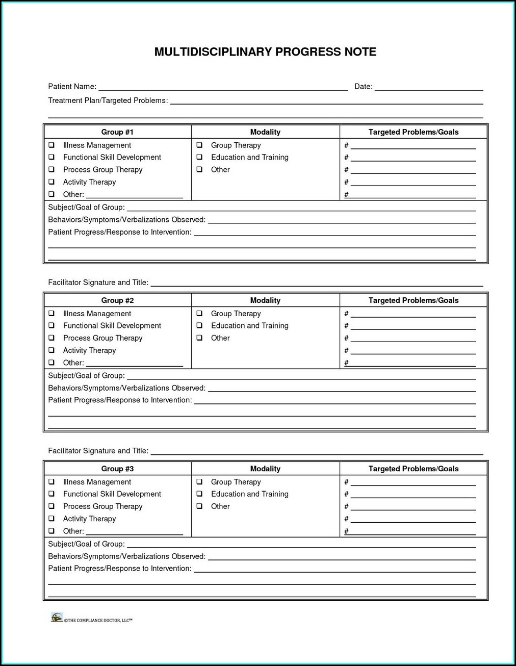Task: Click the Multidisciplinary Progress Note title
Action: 265,52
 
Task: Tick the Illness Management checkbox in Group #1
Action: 51,145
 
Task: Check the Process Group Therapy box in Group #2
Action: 51,338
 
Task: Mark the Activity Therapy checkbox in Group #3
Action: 51,519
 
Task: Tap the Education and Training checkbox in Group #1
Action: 199,158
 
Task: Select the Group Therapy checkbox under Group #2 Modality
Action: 199,314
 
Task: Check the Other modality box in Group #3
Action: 199,506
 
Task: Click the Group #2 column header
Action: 117,300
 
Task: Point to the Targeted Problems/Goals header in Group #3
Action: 414,469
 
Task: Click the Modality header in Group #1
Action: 265,132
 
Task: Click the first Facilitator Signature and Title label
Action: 98,283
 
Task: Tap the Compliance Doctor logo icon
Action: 57,618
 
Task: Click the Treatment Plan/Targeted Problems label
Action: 108,100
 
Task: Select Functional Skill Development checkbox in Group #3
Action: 51,494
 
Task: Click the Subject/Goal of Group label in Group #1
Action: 86,208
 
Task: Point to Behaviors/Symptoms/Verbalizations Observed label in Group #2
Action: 126,388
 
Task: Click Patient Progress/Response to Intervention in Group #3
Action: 120,569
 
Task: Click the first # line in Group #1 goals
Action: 413,146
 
